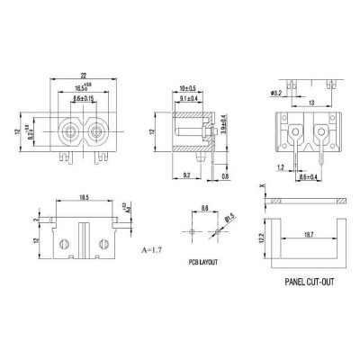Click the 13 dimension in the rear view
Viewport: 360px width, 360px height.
point(310,103)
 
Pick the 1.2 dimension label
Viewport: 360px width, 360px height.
point(281,167)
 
